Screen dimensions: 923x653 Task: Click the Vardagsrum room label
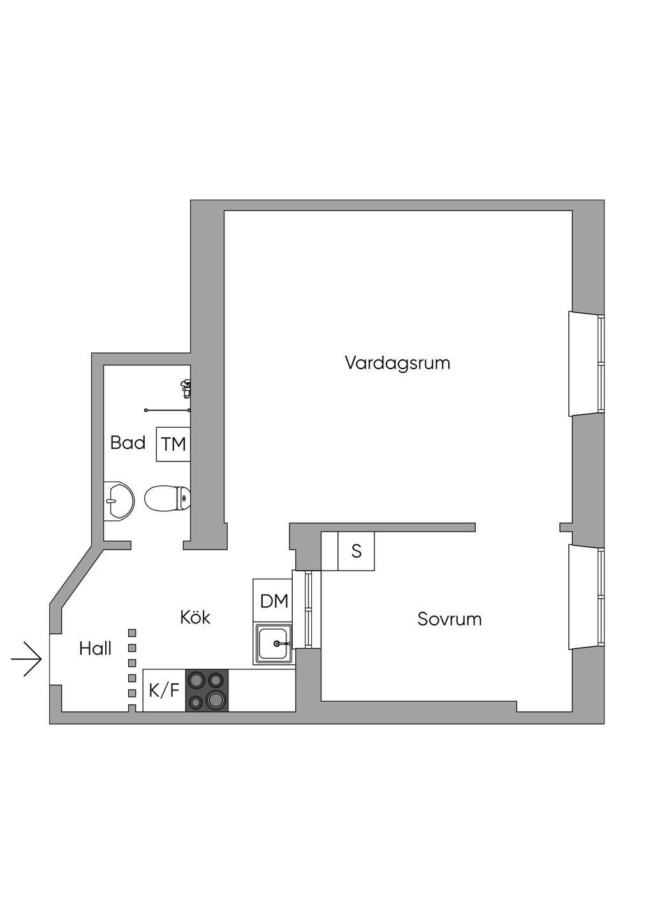(397, 363)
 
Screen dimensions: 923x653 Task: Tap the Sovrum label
(450, 619)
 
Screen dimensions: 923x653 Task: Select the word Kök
(195, 617)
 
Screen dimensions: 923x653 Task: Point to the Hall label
(95, 649)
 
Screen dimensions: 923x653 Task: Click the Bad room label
(128, 442)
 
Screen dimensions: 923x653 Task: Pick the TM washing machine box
(173, 444)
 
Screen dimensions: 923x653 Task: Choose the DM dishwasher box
(274, 600)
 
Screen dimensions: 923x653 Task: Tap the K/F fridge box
(164, 690)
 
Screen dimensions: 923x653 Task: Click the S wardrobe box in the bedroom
(356, 551)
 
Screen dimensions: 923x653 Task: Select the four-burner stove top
(207, 690)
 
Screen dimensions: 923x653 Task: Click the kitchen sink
(274, 644)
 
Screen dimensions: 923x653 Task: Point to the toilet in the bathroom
(167, 498)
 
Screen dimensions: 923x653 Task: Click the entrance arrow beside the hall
(27, 658)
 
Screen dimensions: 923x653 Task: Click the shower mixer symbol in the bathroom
(186, 388)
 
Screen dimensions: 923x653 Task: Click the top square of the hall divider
(133, 632)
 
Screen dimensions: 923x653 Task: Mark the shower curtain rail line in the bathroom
(167, 410)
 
